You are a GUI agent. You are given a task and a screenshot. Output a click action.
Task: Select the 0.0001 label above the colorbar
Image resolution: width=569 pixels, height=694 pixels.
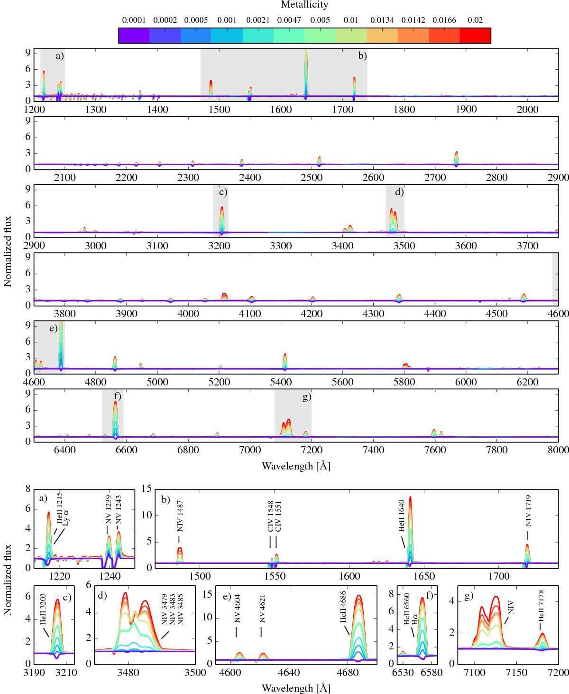(x=134, y=20)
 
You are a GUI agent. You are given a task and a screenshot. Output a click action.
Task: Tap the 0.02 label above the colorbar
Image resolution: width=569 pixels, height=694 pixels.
(x=475, y=20)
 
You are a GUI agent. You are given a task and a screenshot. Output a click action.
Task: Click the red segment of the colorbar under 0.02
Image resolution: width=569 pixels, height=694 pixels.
(x=475, y=36)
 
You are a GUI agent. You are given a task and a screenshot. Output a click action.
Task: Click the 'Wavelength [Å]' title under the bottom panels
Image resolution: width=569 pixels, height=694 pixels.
(x=296, y=687)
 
